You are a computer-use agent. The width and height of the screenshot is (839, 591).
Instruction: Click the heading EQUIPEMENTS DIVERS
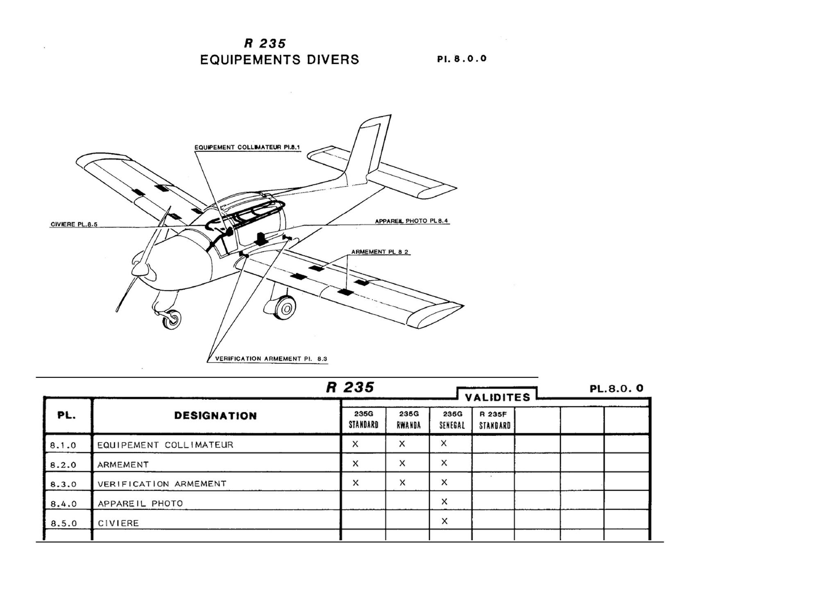(279, 60)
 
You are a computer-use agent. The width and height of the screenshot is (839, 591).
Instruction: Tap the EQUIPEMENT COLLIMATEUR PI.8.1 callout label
(247, 147)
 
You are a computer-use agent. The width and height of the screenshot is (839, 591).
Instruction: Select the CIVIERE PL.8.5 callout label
(74, 224)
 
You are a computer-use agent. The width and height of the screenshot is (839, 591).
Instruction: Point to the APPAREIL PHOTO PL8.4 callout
(411, 221)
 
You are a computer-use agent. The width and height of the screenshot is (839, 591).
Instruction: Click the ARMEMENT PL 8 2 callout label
(380, 252)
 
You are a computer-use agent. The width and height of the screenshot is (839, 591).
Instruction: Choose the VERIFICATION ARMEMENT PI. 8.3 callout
(271, 359)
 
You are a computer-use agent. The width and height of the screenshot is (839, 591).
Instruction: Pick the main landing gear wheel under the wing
(285, 307)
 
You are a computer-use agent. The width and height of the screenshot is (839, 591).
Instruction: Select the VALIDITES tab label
(497, 397)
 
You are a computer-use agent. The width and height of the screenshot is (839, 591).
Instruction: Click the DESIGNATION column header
(215, 416)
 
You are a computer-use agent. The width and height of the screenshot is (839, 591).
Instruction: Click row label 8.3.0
(63, 484)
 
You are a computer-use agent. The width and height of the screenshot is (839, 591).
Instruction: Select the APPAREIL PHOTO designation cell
(140, 503)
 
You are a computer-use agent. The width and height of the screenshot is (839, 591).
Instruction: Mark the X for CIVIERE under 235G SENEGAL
(444, 521)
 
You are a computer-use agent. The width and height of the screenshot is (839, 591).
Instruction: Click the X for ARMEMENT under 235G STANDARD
(356, 463)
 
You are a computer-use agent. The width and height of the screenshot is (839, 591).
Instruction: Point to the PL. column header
(66, 415)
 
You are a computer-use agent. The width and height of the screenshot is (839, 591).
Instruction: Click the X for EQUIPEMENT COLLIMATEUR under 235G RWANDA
(402, 444)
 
